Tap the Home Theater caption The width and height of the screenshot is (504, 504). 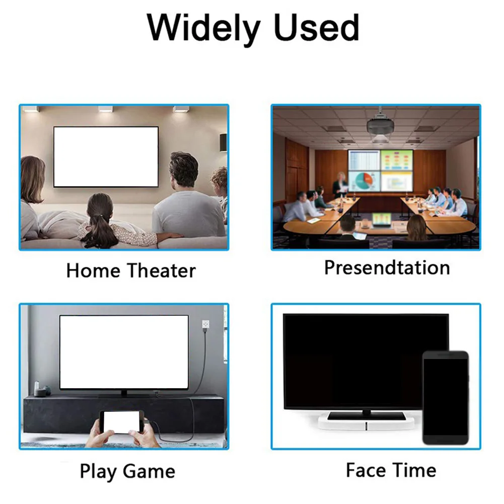[131, 270]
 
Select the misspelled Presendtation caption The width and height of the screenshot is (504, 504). [387, 268]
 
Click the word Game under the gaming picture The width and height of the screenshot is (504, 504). [149, 472]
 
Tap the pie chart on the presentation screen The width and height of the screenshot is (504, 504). [364, 181]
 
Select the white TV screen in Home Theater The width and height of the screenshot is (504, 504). [106, 157]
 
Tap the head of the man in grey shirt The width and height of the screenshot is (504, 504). [184, 169]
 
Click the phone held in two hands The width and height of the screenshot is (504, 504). [121, 422]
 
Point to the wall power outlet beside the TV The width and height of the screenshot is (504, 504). [206, 324]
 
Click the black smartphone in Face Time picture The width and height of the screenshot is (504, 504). [445, 398]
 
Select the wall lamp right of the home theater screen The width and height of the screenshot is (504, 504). [223, 142]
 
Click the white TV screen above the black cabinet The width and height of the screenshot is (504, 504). [124, 352]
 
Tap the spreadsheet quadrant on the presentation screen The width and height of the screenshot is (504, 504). [364, 160]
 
